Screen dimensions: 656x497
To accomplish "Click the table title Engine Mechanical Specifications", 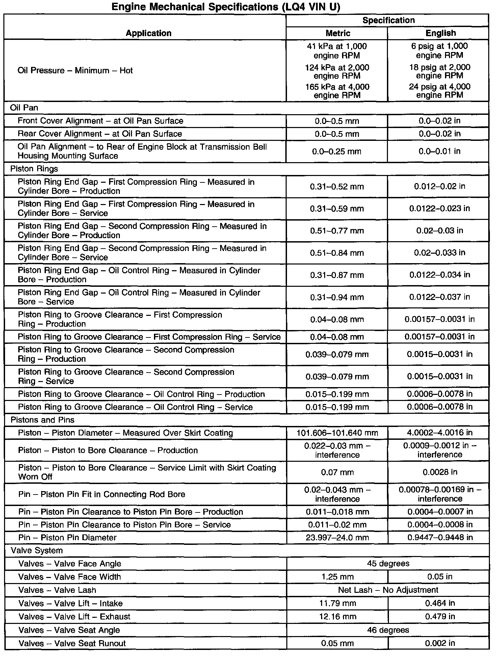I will click(x=225, y=7).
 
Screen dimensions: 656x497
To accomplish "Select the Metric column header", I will click(x=338, y=33).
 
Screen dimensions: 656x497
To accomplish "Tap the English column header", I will click(x=440, y=33).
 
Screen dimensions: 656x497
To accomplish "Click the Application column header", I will click(x=149, y=33).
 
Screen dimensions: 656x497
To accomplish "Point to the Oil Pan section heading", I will click(x=24, y=108).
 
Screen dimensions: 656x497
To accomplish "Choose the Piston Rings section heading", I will click(x=34, y=169).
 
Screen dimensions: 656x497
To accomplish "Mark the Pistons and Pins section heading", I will click(x=43, y=420).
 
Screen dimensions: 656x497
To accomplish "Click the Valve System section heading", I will click(x=37, y=550).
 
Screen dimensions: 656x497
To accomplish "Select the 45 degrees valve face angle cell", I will click(x=388, y=563).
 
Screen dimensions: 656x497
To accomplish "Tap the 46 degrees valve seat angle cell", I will click(x=388, y=630).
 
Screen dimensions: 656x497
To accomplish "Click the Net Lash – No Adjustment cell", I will click(x=388, y=590).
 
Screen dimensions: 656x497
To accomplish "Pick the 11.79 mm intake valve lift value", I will click(x=338, y=603).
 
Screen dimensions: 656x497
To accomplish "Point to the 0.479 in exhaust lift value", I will click(x=440, y=616).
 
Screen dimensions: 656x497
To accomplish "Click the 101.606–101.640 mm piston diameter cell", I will click(x=337, y=433).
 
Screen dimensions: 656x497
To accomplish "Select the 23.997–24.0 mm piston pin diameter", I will click(x=337, y=537).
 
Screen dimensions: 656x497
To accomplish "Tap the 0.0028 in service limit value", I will click(x=440, y=472).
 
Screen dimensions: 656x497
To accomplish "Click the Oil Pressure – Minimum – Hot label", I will click(x=75, y=71).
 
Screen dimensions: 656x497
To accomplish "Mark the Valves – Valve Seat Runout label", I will click(x=72, y=643).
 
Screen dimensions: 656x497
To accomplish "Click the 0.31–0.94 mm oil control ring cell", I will click(x=337, y=297).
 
